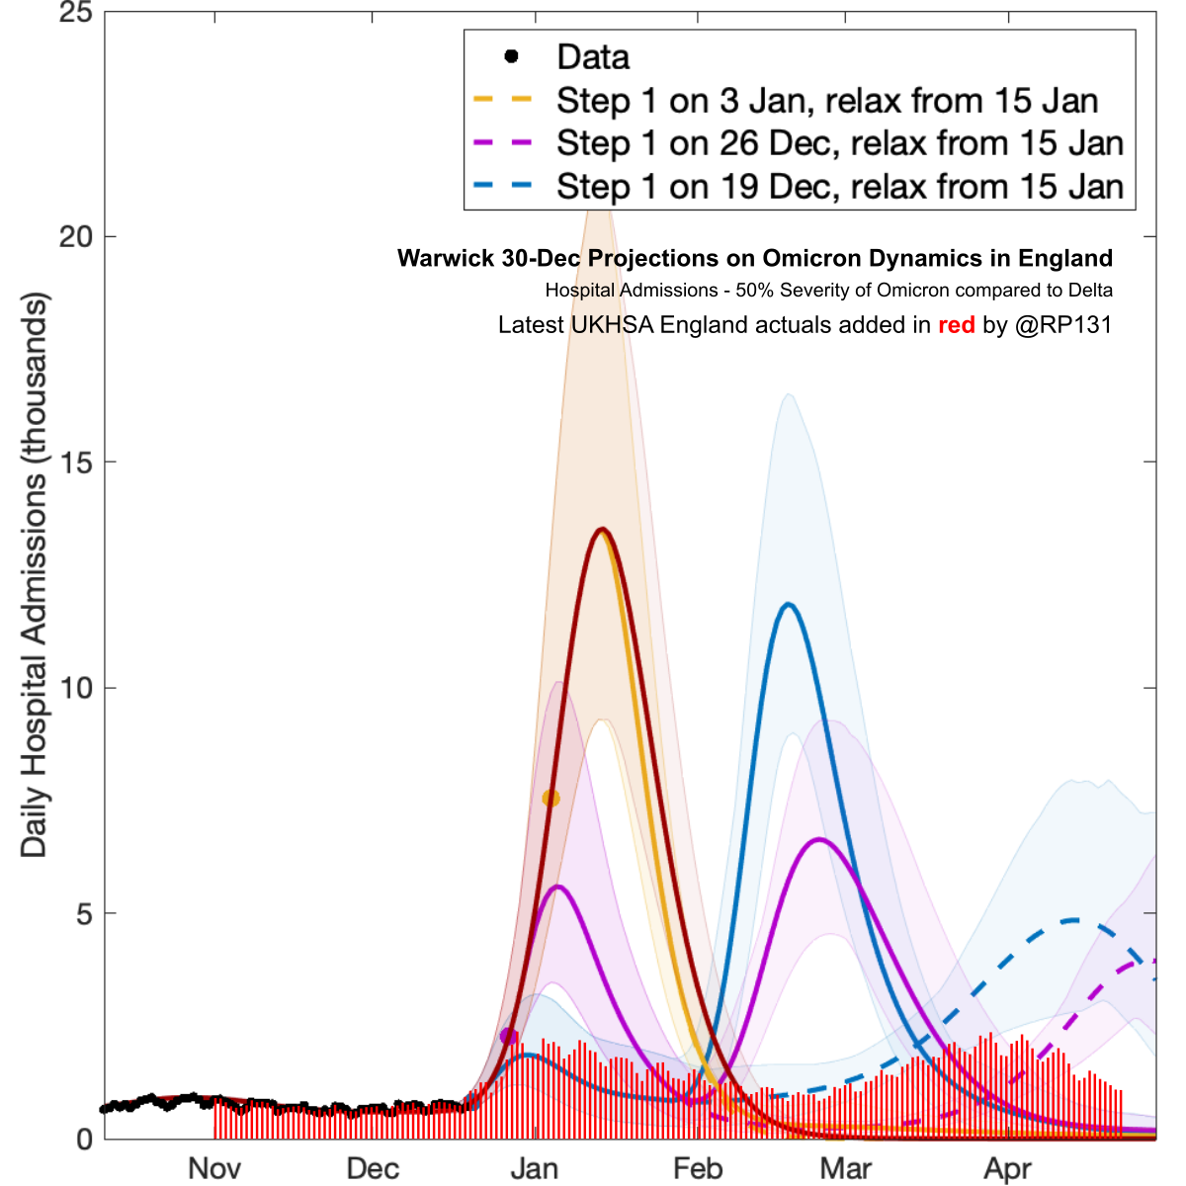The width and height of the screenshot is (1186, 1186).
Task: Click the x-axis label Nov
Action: click(214, 1168)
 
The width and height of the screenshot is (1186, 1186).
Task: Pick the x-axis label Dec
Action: click(373, 1168)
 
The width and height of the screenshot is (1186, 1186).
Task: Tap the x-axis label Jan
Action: click(535, 1168)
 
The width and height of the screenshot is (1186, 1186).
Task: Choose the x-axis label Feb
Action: click(698, 1168)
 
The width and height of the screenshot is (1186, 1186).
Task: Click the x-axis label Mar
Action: click(846, 1168)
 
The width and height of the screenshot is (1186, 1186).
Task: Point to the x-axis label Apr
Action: click(1008, 1168)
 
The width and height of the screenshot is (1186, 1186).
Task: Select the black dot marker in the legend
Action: click(511, 56)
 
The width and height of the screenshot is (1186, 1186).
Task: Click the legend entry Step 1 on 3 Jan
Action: click(826, 101)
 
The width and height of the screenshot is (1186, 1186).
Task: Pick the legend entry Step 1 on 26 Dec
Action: click(839, 143)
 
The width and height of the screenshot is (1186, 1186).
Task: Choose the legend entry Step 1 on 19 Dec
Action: click(839, 187)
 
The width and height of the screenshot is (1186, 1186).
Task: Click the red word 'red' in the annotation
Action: click(956, 325)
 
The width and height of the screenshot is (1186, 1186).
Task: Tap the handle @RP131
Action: click(1063, 325)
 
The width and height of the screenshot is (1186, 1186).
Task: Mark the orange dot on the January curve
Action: click(551, 798)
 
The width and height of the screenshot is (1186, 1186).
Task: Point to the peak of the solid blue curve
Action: click(788, 604)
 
